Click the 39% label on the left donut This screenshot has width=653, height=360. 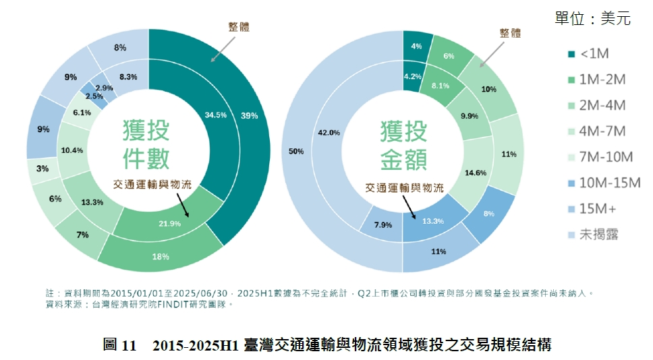tap(249, 115)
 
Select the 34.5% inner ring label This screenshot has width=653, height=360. tap(216, 115)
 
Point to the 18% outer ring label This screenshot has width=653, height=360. tap(161, 257)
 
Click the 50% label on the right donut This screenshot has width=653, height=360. tap(296, 152)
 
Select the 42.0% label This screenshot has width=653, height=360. tap(329, 133)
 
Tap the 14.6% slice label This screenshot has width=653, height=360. tap(476, 173)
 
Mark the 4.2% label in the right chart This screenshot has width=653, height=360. tap(413, 77)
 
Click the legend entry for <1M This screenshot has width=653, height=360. tap(593, 55)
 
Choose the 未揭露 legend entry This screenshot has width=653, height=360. tap(593, 234)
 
